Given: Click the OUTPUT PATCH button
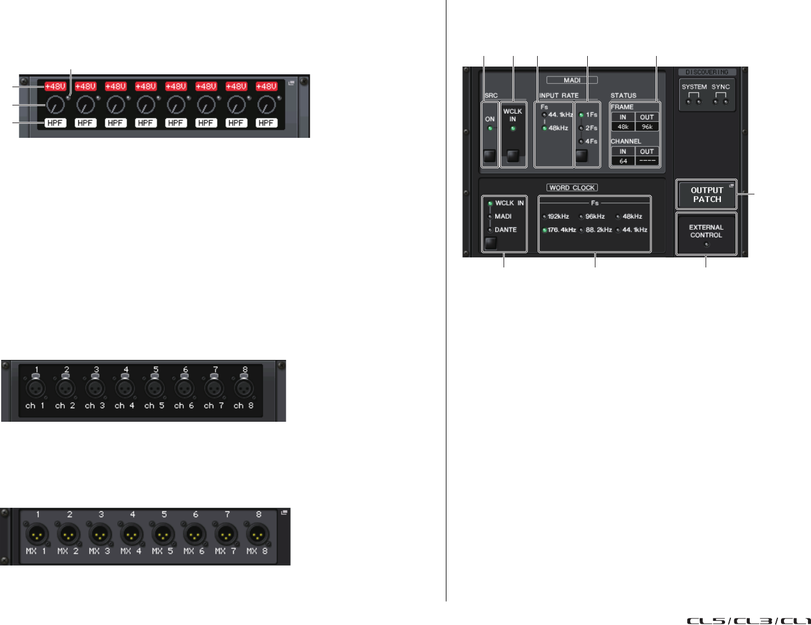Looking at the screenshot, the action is (706, 195).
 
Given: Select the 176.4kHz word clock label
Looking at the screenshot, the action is (561, 230).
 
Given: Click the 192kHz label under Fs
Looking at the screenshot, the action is (558, 216).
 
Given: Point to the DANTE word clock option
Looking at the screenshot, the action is (505, 230).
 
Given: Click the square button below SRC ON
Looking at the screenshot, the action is (489, 156).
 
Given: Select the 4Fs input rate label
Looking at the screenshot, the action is (591, 141).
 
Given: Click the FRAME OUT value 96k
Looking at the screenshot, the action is (647, 127).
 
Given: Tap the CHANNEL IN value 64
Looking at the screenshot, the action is (623, 161).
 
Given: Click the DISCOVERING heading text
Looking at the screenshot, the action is (707, 72).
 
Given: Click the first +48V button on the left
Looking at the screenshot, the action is (55, 87).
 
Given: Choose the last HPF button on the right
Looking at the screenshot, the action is (266, 123).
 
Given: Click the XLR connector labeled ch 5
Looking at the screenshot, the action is (154, 389).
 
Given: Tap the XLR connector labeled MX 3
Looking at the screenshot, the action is (100, 535).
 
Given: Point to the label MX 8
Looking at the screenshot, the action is (257, 551).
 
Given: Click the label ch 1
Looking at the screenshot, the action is (35, 406).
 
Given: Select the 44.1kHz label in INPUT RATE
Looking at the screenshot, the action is (560, 115).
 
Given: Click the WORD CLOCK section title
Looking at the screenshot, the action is (572, 188).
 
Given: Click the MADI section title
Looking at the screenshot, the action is (572, 80).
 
